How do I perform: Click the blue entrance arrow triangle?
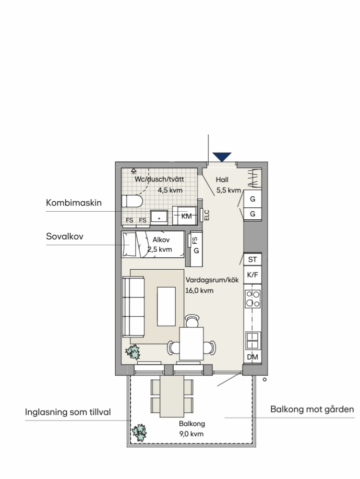click(x=222, y=157)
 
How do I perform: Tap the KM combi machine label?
click(x=186, y=216)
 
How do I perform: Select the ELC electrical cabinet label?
click(x=206, y=215)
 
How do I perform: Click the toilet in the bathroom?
click(x=132, y=201)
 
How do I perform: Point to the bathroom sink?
click(x=159, y=217)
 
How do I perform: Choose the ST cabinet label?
click(x=252, y=260)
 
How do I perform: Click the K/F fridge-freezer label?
click(x=252, y=275)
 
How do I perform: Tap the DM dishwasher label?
click(x=252, y=357)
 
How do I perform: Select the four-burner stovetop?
click(x=253, y=299)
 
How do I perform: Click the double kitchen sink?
click(x=253, y=341)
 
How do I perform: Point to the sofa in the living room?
click(x=133, y=307)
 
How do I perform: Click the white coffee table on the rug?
click(x=167, y=306)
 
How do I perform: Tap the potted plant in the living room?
click(x=133, y=352)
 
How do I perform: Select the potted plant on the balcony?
click(x=139, y=432)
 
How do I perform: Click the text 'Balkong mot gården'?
click(x=312, y=409)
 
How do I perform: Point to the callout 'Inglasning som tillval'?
click(x=68, y=412)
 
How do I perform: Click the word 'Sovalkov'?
click(x=64, y=236)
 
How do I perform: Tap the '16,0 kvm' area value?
click(x=199, y=290)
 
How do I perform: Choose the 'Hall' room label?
click(x=222, y=180)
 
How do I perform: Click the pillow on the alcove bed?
click(x=129, y=244)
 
